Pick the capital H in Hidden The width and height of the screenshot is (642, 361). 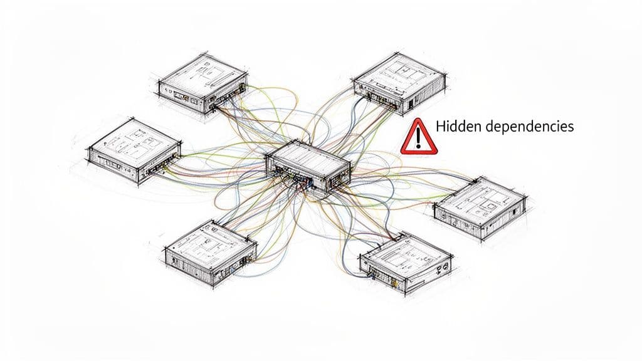click(x=439, y=126)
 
